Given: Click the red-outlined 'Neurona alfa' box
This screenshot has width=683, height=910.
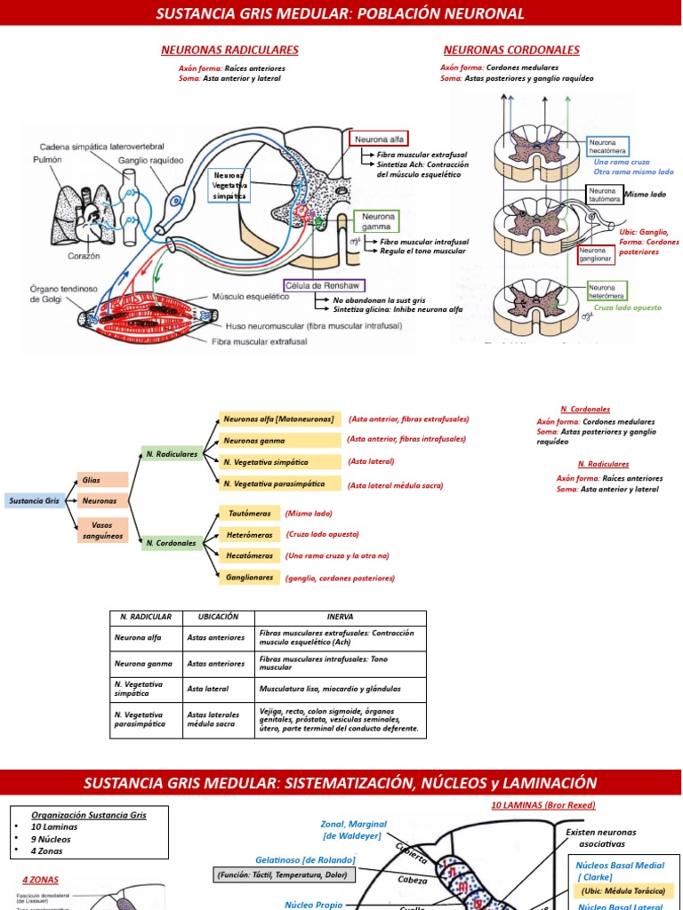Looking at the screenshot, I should [x=381, y=140].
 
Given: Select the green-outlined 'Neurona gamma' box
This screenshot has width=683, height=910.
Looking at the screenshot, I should [x=376, y=221].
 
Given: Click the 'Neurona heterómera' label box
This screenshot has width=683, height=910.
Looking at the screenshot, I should [x=607, y=291].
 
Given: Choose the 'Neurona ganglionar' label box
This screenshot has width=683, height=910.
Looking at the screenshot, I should [x=596, y=256].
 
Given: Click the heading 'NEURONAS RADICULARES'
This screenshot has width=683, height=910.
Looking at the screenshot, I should [x=229, y=50].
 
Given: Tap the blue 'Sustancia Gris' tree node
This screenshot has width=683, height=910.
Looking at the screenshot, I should [x=34, y=500].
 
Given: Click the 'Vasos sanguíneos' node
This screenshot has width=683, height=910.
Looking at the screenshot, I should [x=103, y=531].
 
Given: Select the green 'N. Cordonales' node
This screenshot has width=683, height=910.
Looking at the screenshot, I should [x=172, y=542].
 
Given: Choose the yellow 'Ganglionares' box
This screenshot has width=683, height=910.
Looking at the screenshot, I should [x=249, y=578].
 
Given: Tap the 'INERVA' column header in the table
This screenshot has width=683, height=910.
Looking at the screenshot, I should [x=340, y=618].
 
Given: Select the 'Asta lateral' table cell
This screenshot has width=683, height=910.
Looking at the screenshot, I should [x=208, y=689].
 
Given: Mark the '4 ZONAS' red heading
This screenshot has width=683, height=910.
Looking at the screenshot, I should [x=40, y=881].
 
